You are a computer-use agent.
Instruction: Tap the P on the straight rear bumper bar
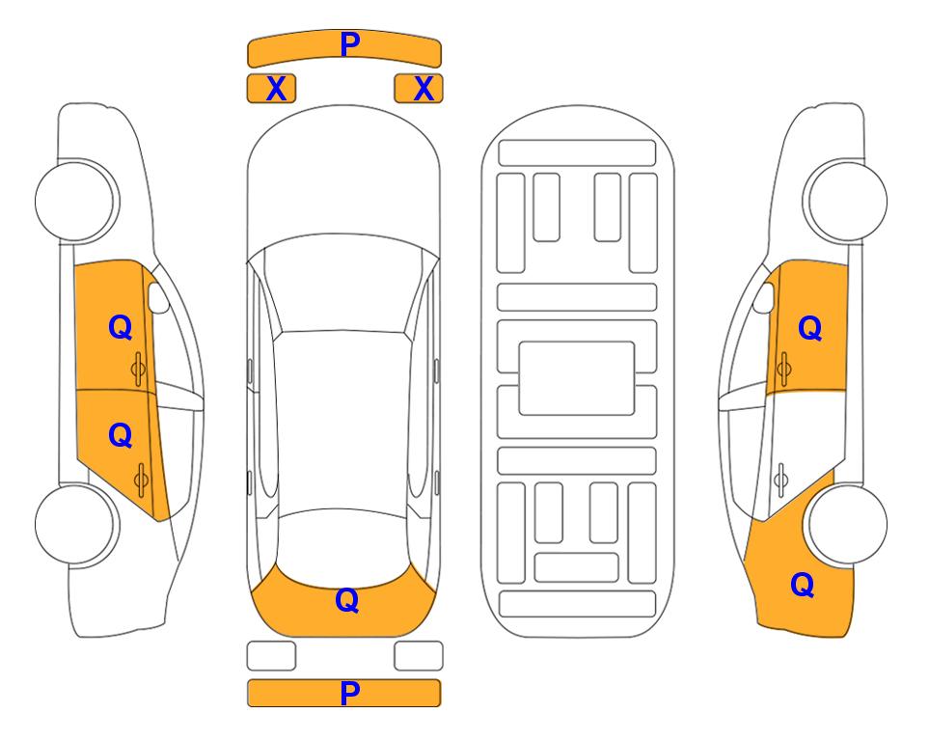(x=349, y=693)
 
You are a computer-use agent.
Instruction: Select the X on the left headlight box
(x=276, y=89)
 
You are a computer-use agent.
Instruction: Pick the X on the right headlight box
(x=424, y=89)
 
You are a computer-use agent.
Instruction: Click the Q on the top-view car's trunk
(x=347, y=600)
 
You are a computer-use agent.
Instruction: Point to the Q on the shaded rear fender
(x=803, y=585)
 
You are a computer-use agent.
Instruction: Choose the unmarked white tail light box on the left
(x=271, y=656)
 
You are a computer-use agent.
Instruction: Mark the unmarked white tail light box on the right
(x=419, y=656)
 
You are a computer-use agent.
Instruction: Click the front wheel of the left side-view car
(x=75, y=202)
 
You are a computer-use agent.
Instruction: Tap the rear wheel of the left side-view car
(x=75, y=524)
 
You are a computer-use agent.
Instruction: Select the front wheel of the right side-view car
(x=847, y=202)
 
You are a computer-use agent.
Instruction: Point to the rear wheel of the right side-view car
(x=847, y=524)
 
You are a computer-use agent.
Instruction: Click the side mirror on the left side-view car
(x=158, y=297)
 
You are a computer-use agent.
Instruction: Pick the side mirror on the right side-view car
(x=764, y=297)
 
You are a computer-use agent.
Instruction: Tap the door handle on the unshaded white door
(x=781, y=480)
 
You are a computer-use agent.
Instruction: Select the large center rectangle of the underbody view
(x=577, y=378)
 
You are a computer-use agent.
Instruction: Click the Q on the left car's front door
(x=121, y=327)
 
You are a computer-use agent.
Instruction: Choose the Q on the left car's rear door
(x=121, y=435)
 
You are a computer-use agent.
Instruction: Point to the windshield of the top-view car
(x=342, y=285)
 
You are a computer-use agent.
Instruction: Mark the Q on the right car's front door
(x=810, y=328)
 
